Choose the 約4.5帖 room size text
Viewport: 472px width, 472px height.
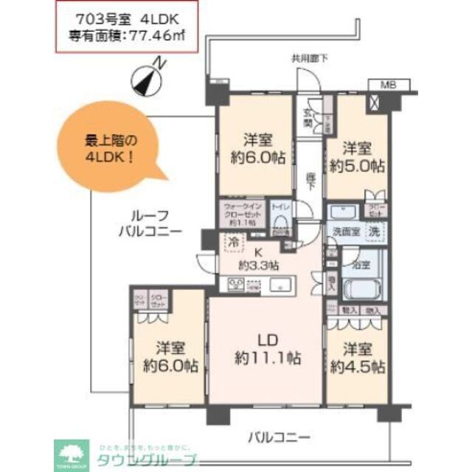(x=357, y=366)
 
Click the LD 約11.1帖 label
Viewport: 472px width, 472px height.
(x=266, y=350)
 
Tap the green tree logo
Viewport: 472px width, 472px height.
(x=72, y=451)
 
